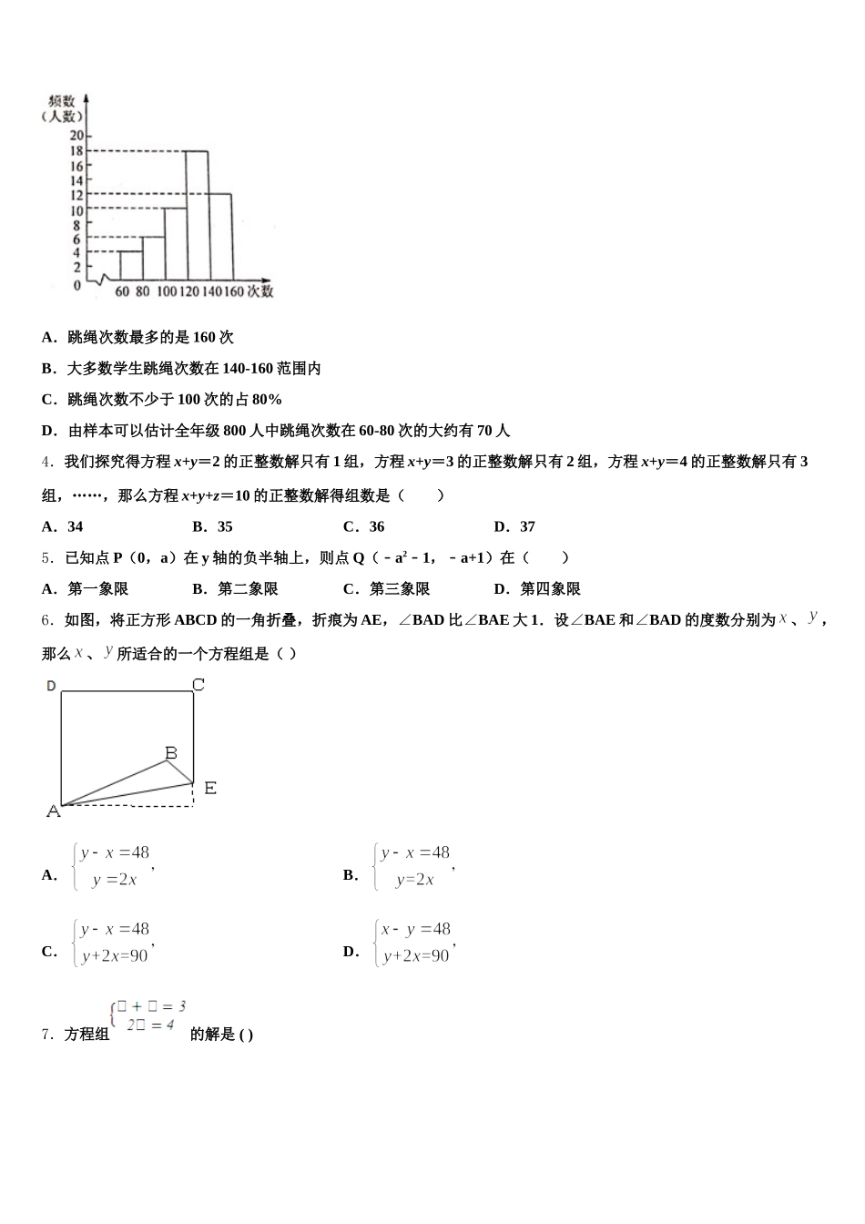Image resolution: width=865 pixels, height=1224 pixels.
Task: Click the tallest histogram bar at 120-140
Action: click(198, 215)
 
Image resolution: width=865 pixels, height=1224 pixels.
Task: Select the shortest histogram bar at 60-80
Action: click(131, 265)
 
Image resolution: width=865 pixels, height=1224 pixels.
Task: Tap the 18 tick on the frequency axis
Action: click(76, 151)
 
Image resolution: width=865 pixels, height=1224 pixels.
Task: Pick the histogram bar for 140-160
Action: click(220, 236)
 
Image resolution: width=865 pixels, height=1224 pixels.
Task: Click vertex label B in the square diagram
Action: click(171, 753)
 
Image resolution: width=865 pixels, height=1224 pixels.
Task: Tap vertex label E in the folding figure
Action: click(210, 788)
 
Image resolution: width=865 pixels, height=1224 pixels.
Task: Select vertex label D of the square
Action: click(51, 685)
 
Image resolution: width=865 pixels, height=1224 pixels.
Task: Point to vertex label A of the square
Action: click(53, 811)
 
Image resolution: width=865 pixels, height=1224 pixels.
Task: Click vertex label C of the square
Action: click(198, 685)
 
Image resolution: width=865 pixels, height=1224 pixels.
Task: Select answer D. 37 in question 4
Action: click(514, 526)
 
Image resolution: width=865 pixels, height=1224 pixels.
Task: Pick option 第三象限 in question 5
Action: click(399, 588)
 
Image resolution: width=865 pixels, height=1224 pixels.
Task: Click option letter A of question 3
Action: click(47, 338)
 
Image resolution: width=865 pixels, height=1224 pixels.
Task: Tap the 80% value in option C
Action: click(268, 400)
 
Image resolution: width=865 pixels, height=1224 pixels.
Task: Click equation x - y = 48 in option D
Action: click(416, 930)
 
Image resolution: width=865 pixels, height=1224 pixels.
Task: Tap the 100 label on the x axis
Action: click(167, 291)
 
